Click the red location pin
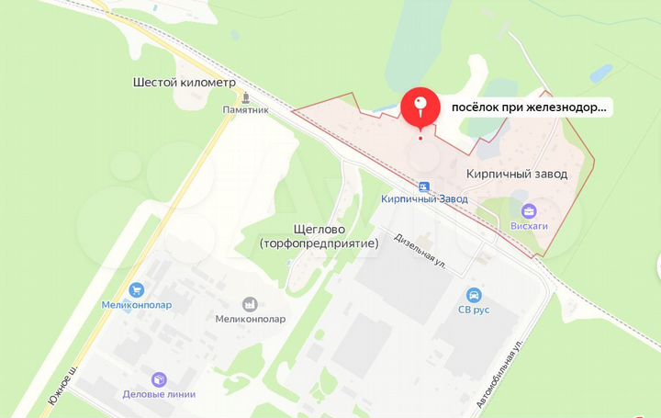[x=420, y=107]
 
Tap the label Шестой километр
[x=184, y=83]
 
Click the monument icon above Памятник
[x=246, y=96]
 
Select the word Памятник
[x=245, y=109]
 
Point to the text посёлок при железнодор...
[x=528, y=107]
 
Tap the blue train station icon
[x=424, y=185]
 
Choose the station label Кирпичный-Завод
[x=424, y=198]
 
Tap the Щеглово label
[x=319, y=230]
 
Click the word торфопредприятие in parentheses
[x=319, y=244]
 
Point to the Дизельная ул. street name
[x=420, y=249]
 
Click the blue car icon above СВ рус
[x=474, y=295]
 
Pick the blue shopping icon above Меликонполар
[x=137, y=289]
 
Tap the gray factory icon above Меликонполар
[x=250, y=304]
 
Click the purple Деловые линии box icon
[x=159, y=379]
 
